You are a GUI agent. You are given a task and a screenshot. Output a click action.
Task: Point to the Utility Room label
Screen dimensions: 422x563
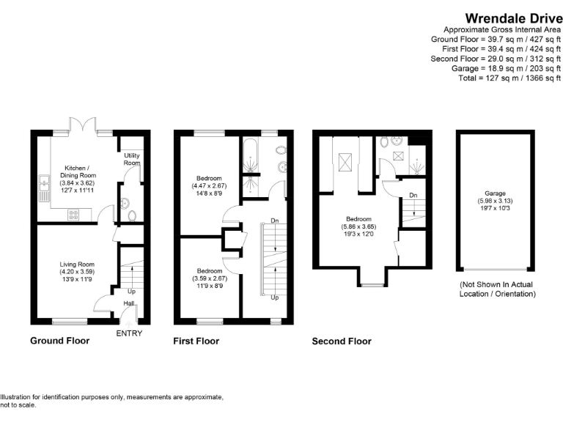point(132,159)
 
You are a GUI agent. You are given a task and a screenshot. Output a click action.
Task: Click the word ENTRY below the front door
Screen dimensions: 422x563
point(129,334)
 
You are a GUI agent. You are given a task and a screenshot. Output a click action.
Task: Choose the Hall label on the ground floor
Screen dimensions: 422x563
point(128,303)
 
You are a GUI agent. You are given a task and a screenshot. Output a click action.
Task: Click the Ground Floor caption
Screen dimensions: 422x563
point(59,341)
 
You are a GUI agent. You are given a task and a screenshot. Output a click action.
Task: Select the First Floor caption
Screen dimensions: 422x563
point(196,341)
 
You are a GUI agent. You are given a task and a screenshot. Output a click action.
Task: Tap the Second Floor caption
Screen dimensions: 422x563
point(342,341)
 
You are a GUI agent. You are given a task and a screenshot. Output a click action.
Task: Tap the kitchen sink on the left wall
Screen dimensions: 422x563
point(45,182)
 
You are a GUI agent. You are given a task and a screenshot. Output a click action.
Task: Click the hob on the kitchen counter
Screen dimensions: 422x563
point(73,215)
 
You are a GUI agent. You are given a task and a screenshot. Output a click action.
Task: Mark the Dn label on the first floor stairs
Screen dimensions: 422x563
point(273,220)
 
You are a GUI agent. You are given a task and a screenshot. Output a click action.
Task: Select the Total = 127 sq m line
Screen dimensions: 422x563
point(509,78)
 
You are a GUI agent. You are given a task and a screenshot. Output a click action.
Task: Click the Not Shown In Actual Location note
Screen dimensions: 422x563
point(497,289)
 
